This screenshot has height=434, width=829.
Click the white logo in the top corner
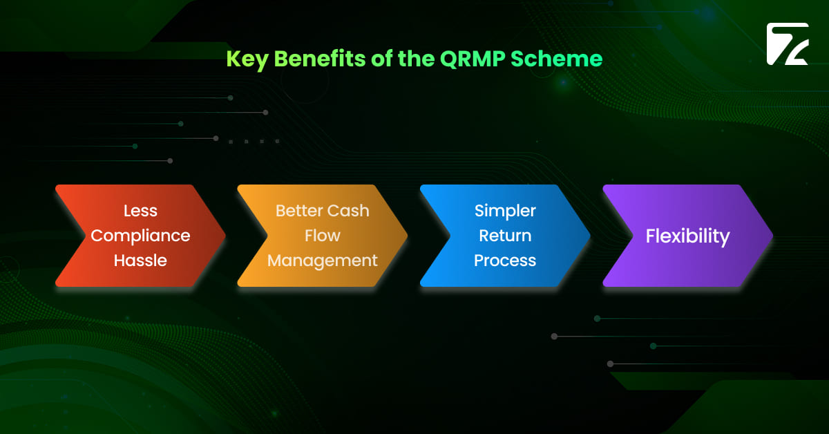pos(787,44)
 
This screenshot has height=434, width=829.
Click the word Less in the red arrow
pos(140,211)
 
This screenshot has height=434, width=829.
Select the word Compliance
pos(140,236)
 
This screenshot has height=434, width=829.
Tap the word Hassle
pos(140,261)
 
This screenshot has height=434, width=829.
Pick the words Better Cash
pos(322,211)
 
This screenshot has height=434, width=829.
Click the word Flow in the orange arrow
pos(322,236)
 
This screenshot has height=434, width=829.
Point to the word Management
pos(322,261)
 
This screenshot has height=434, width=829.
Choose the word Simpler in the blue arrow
pos(505,211)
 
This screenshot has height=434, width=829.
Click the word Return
pos(505,236)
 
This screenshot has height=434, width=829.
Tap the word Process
pos(505,261)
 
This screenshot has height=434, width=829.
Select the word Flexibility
pos(687,236)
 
